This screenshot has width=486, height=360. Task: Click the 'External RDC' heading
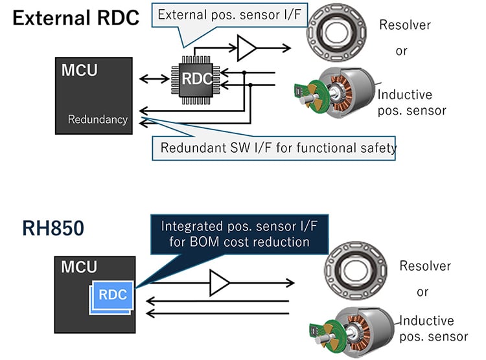[76, 18]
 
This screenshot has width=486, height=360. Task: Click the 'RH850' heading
[53, 228]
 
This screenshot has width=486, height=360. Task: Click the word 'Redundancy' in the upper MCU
[98, 119]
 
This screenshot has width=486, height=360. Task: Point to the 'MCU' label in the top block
[79, 69]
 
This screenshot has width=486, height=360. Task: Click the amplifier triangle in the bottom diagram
[220, 283]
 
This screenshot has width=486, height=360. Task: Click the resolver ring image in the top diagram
[333, 28]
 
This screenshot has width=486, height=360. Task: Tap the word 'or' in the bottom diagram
[423, 292]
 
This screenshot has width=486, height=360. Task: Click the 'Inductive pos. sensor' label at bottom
[434, 328]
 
